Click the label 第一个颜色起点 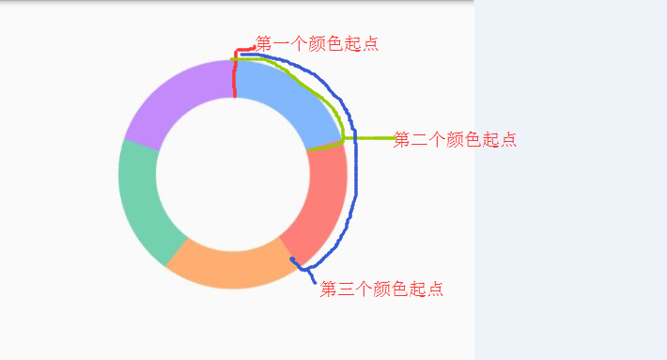[318, 43]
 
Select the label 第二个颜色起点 [455, 140]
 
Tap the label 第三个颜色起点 [381, 290]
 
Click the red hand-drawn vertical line [235, 75]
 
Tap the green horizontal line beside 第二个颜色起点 [371, 138]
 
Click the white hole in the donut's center [233, 175]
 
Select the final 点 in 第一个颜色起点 [371, 43]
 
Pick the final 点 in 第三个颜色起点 [435, 290]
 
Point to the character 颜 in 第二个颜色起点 [455, 140]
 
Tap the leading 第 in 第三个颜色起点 [328, 290]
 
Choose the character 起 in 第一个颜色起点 [353, 43]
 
